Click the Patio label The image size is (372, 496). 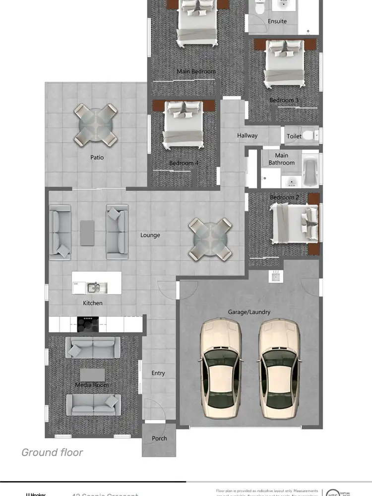coord(97,157)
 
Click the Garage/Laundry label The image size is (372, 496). coord(249,312)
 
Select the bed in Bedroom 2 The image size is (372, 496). coord(295,225)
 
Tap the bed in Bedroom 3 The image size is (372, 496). coord(285,62)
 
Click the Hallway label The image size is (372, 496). coord(247,135)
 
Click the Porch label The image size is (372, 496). coord(159,438)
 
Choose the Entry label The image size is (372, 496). coord(158,373)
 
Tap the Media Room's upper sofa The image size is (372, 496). coord(93,347)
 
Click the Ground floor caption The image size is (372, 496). coord(52,452)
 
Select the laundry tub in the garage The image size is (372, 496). coord(276,276)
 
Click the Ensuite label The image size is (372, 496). coord(277,21)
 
